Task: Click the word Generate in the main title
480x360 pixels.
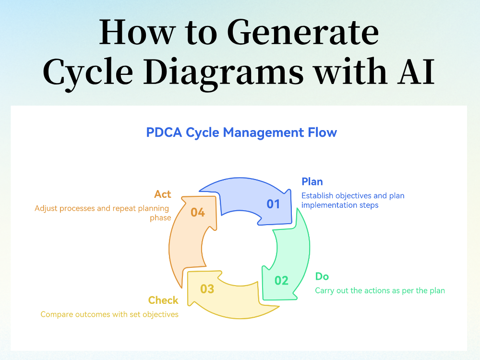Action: click(x=302, y=33)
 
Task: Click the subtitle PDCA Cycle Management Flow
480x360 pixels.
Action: click(x=241, y=132)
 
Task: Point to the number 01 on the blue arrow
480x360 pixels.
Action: click(x=273, y=204)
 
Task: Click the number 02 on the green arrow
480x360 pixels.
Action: click(x=281, y=280)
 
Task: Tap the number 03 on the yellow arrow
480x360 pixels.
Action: click(x=207, y=289)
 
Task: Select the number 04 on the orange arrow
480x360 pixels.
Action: click(x=198, y=212)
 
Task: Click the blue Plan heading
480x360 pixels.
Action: click(x=312, y=181)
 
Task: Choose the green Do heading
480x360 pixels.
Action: click(x=322, y=276)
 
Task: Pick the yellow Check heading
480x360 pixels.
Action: click(x=163, y=300)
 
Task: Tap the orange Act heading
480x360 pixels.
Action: click(x=163, y=194)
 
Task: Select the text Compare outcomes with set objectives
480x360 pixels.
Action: click(x=109, y=314)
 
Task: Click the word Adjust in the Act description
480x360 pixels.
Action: click(x=46, y=209)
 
